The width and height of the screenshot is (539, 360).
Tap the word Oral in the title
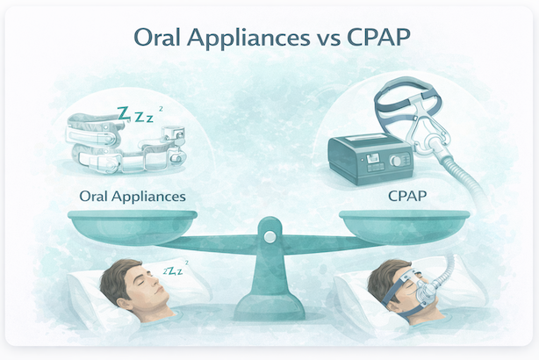click(155, 39)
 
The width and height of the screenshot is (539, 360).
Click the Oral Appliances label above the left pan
click(132, 195)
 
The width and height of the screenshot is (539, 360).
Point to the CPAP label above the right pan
click(408, 195)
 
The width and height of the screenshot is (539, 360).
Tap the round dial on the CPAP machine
click(403, 162)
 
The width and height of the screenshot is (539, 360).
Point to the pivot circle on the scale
click(269, 235)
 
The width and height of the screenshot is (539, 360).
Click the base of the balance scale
click(269, 306)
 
